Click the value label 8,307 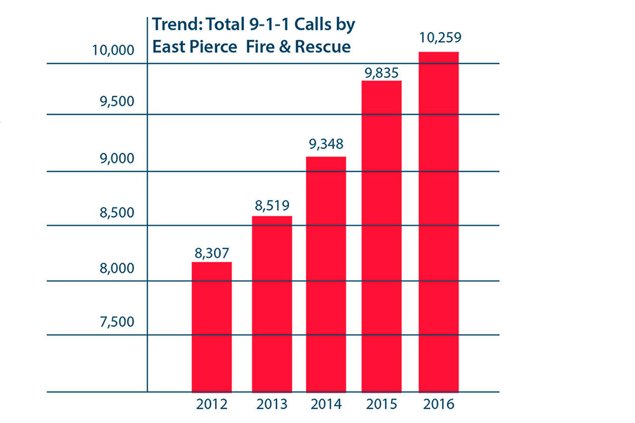coord(212,253)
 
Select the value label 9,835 coord(381,73)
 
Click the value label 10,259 coord(439,38)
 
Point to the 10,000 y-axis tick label coord(114,50)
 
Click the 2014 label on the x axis coord(326,404)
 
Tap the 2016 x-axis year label coord(439,404)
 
